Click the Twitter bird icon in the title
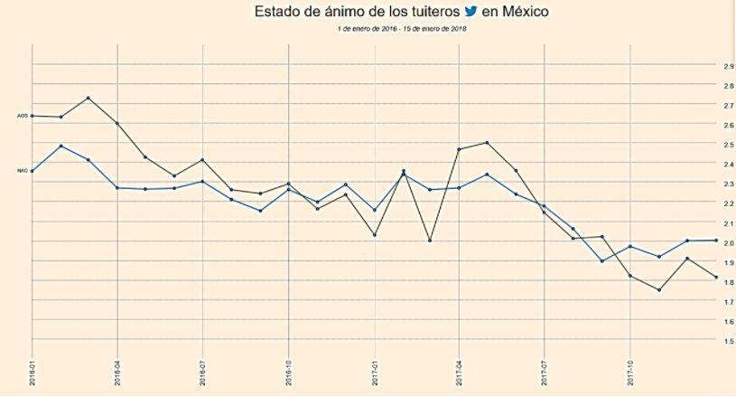coord(470,12)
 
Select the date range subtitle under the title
coord(402,29)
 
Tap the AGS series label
coord(23,116)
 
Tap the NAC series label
coord(23,170)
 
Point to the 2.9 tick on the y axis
coord(728,66)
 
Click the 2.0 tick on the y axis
coord(728,242)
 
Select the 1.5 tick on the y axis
coord(728,341)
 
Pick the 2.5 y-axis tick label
coord(728,145)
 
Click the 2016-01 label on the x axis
coord(32,373)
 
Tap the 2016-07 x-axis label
coord(203,373)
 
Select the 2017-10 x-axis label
coord(630,373)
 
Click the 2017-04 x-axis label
coord(460,373)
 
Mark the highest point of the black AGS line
coord(88,98)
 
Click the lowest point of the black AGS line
coord(659,290)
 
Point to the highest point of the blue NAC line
coord(61,146)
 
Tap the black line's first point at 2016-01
coord(33,116)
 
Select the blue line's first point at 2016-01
coord(33,171)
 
